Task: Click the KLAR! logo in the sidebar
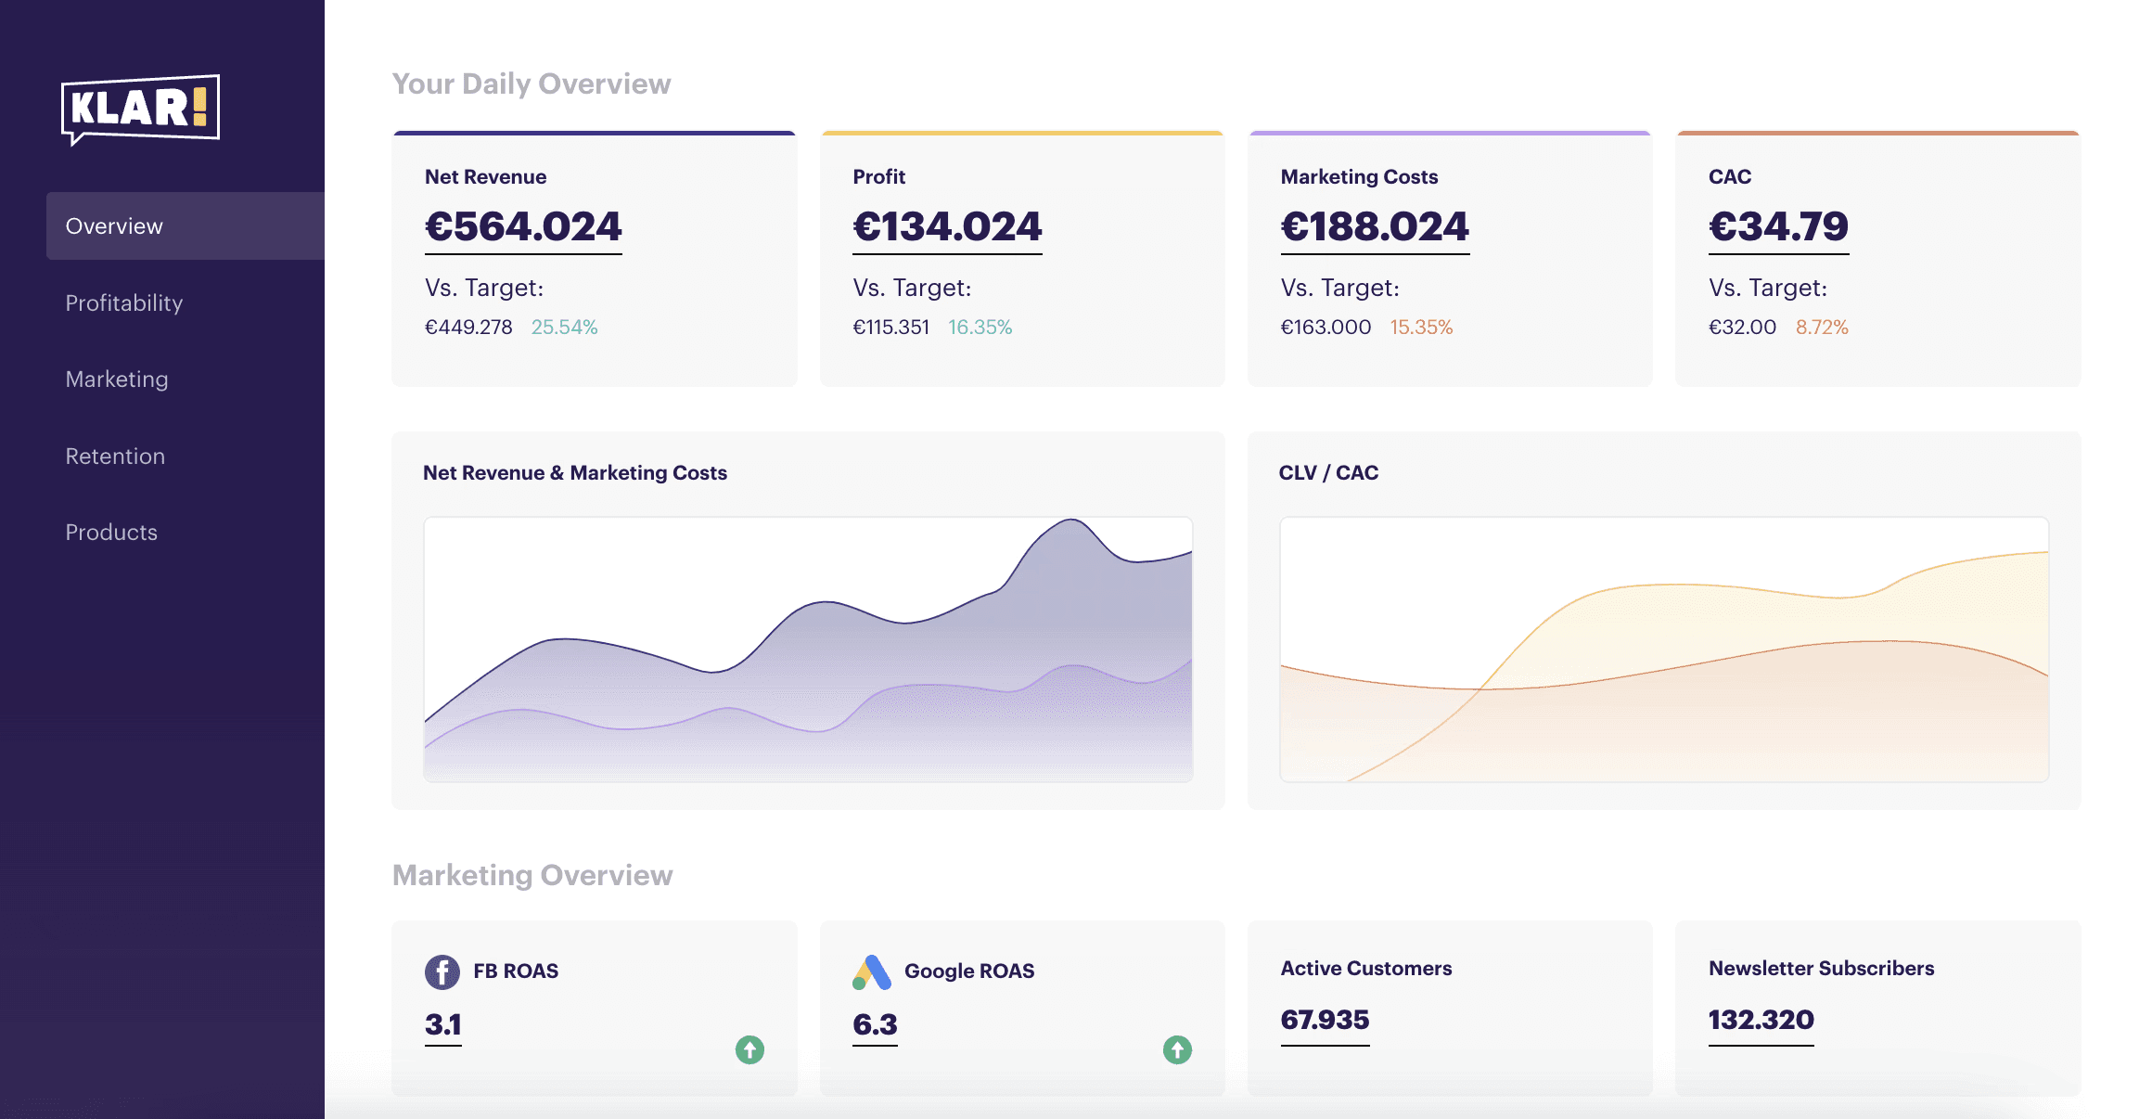(x=140, y=109)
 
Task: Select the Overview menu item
(x=114, y=226)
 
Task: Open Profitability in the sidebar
(x=124, y=303)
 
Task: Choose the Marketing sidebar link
(x=117, y=379)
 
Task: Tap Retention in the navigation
(x=115, y=457)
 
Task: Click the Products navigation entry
(x=111, y=533)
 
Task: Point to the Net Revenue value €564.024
(x=523, y=227)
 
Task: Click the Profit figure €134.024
(x=947, y=227)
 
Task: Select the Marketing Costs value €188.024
(x=1375, y=227)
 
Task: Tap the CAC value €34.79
(x=1778, y=227)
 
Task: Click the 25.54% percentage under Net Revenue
(x=564, y=328)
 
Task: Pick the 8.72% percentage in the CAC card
(x=1822, y=328)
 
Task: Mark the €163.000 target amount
(x=1326, y=328)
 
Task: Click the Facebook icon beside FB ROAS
(x=442, y=972)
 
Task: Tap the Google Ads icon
(x=872, y=972)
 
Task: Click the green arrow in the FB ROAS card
(x=749, y=1050)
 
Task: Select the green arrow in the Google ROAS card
(x=1177, y=1050)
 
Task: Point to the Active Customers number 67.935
(x=1325, y=1021)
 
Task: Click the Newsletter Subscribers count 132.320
(x=1761, y=1021)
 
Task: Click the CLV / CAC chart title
(x=1328, y=473)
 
